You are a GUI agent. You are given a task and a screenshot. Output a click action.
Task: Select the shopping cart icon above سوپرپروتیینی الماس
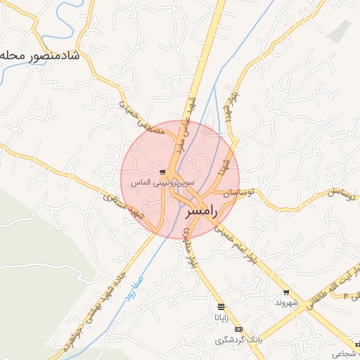pos(162,172)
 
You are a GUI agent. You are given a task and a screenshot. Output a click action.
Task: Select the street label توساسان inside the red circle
pos(237,192)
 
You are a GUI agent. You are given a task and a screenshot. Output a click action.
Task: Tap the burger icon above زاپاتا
pos(221,307)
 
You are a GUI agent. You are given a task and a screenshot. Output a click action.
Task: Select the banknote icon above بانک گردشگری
pos(238,329)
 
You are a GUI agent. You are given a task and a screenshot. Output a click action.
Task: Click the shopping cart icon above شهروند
pos(285,292)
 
